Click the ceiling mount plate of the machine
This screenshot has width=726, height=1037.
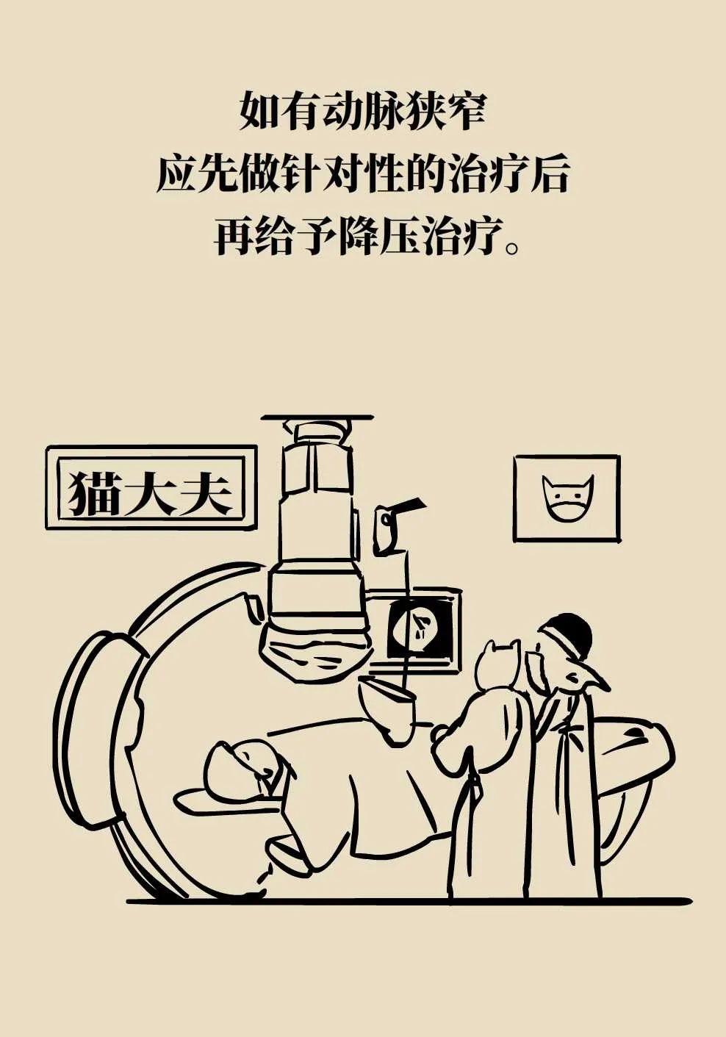(x=317, y=417)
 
